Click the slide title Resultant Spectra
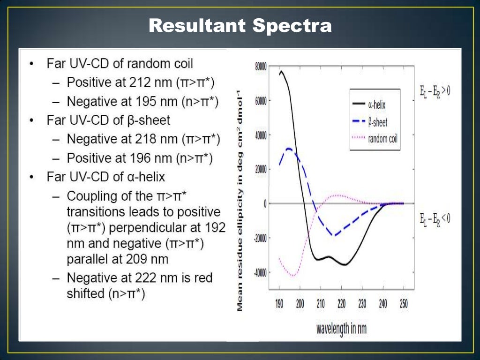pos(240,26)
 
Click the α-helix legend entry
pos(375,105)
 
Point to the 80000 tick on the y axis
pos(261,67)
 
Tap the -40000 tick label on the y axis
pos(260,272)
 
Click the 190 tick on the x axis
pos(279,304)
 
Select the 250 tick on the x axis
pos(403,304)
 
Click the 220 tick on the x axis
pos(341,304)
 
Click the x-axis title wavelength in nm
pos(341,328)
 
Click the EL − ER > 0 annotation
pos(435,90)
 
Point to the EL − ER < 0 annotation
pos(435,218)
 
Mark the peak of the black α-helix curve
pos(281,72)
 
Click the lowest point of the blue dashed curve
pos(334,235)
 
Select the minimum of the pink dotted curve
pos(293,276)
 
